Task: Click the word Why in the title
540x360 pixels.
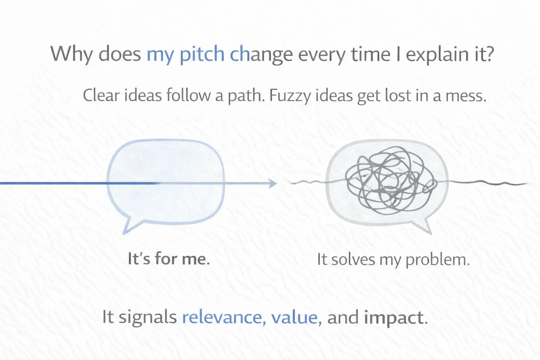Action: click(x=71, y=54)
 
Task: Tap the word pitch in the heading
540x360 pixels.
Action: click(x=202, y=54)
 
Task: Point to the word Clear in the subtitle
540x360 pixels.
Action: click(x=101, y=95)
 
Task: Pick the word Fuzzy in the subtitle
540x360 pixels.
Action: click(x=290, y=96)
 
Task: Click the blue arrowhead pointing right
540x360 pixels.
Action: click(x=272, y=183)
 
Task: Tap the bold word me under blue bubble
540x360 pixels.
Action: click(x=195, y=259)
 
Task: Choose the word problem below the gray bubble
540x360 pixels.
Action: click(x=437, y=260)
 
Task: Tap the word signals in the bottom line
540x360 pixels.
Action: click(x=147, y=318)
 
